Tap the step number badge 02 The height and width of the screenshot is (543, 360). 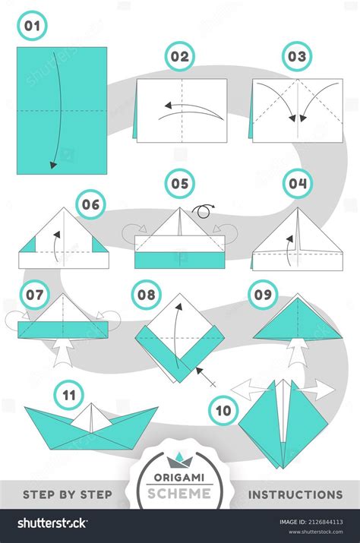[179, 56]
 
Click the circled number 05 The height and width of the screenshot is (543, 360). [179, 184]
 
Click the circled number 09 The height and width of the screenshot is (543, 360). [264, 293]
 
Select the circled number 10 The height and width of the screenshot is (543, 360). [222, 411]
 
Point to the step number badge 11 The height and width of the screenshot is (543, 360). [69, 395]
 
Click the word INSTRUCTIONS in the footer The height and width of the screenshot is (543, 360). [295, 494]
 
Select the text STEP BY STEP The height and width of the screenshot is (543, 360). [67, 494]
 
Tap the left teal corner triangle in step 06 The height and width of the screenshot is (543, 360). [28, 245]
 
